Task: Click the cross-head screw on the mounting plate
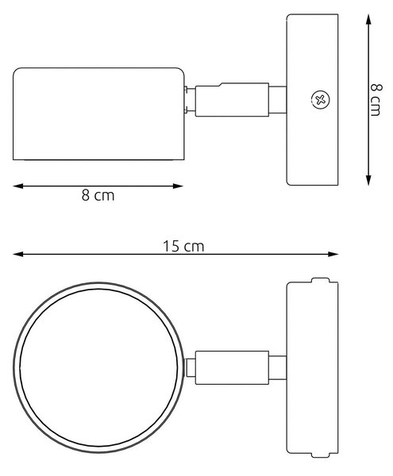click(x=321, y=99)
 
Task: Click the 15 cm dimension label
click(x=183, y=246)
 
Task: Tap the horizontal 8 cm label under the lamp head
click(x=98, y=195)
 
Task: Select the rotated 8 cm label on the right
click(x=376, y=100)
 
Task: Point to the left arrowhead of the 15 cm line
click(x=18, y=254)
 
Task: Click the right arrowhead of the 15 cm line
click(x=333, y=254)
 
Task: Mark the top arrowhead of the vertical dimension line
click(x=368, y=19)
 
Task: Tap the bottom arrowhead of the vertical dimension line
click(x=368, y=180)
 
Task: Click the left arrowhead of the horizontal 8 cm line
click(x=18, y=186)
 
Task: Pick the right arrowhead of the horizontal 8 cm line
click(x=178, y=186)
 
